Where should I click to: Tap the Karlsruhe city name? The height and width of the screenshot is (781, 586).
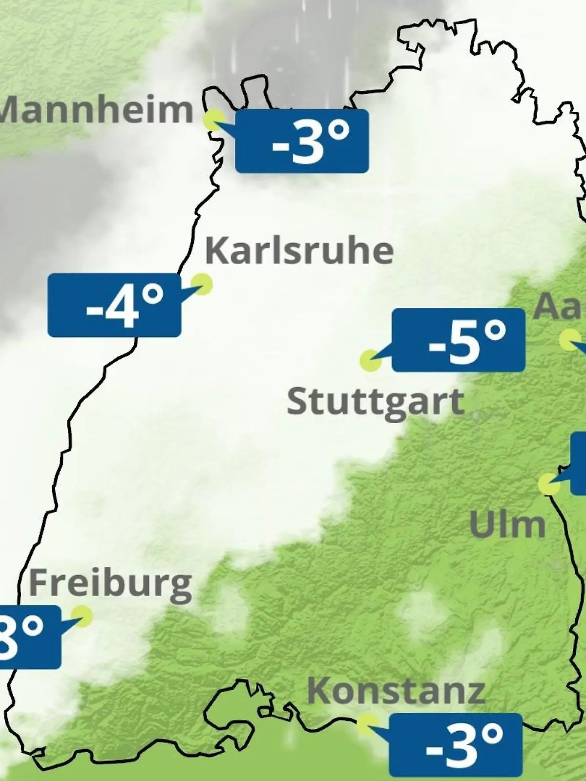[x=299, y=251]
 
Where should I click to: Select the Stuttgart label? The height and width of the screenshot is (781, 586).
[x=375, y=402]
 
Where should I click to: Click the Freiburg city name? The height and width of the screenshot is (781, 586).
[x=110, y=584]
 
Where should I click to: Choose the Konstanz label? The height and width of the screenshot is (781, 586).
[x=396, y=691]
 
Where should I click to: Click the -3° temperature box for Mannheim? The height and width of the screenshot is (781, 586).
[x=302, y=141]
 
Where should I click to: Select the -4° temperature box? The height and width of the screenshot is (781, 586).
[x=114, y=306]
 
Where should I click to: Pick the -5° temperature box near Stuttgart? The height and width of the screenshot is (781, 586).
[x=459, y=340]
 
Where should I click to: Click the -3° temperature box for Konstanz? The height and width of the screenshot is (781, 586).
[x=456, y=745]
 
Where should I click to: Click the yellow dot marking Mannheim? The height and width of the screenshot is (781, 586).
[x=214, y=119]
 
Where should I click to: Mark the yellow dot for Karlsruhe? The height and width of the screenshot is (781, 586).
[x=201, y=284]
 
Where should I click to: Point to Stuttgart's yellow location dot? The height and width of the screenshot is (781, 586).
[x=370, y=361]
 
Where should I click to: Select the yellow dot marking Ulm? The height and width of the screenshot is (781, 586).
[x=548, y=484]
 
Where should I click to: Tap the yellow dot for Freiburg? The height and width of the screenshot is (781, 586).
[x=82, y=616]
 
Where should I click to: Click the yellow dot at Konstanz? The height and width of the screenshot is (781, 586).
[x=366, y=724]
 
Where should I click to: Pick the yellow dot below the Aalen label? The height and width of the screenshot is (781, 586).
[x=569, y=340]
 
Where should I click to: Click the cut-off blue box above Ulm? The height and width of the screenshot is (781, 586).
[x=579, y=464]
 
